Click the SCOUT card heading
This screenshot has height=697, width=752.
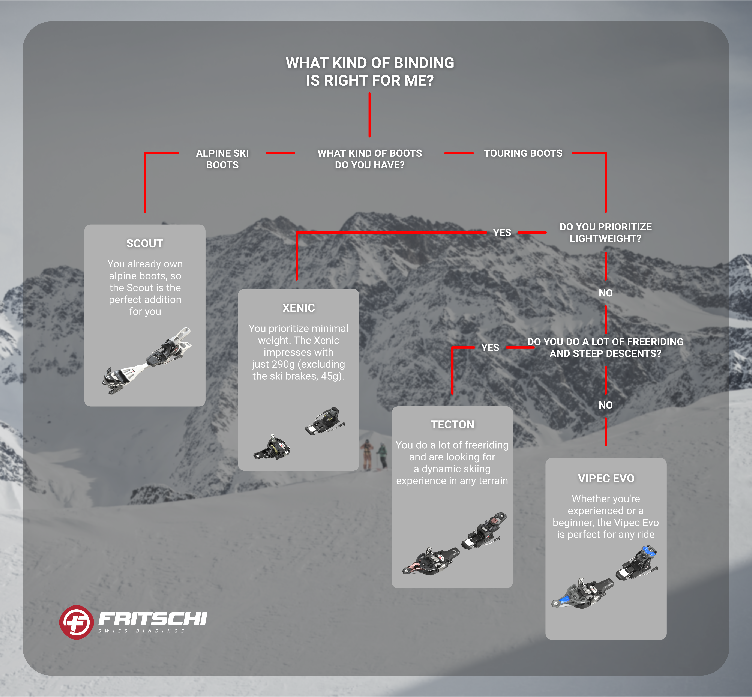point(145,243)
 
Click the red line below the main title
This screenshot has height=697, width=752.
point(370,115)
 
